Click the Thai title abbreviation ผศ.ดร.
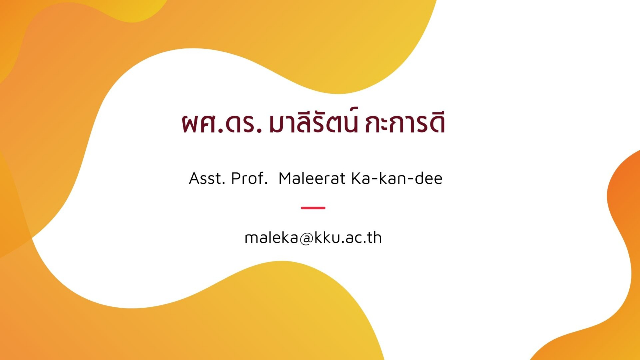coord(222,123)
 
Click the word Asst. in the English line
coord(207,178)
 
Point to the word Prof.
coord(249,178)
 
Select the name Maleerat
coord(312,178)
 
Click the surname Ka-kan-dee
coord(397,178)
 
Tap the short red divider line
coord(313,208)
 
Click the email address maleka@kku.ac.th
coord(313,237)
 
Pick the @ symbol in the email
coord(307,239)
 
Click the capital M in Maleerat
coord(285,178)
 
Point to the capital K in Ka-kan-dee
coord(357,178)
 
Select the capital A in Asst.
coord(195,178)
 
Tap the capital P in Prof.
coord(236,178)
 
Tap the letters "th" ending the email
coord(375,237)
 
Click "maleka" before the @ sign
coord(271,237)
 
